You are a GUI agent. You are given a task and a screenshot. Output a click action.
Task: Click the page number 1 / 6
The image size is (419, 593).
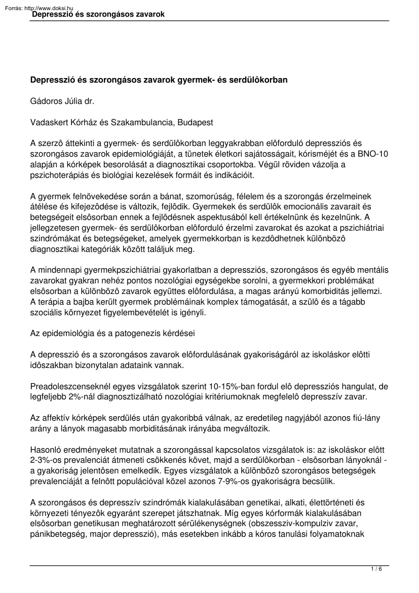[x=376, y=569]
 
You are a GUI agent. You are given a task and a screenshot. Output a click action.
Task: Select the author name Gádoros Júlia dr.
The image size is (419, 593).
[x=62, y=101]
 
